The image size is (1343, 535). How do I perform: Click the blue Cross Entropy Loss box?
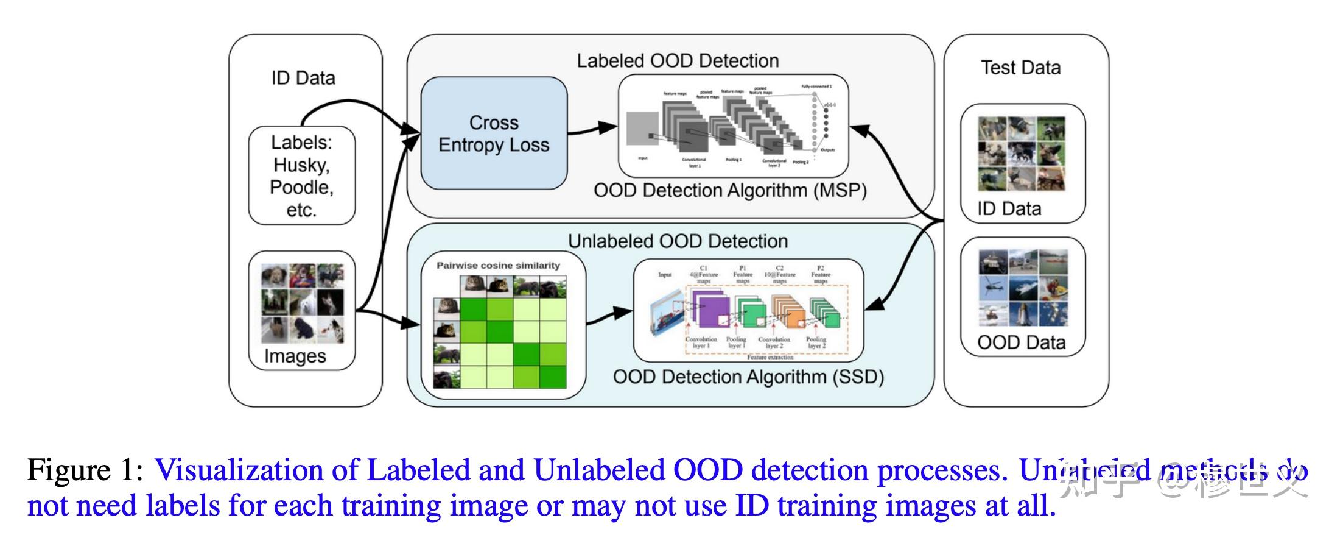tap(494, 133)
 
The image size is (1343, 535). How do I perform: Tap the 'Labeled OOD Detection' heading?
tap(678, 61)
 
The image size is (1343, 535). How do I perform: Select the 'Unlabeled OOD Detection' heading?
tap(678, 241)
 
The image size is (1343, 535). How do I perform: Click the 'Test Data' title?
tap(1020, 68)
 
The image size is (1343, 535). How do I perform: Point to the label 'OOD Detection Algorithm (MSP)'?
tap(730, 191)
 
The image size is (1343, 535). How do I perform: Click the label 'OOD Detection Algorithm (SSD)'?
tap(748, 377)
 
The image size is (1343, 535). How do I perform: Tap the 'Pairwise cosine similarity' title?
tap(498, 266)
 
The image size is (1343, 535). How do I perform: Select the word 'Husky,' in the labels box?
tap(301, 165)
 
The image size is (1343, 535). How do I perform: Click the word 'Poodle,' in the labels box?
tap(301, 187)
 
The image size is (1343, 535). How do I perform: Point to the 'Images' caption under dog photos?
tap(295, 356)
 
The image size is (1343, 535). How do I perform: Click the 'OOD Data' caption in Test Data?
tap(1021, 342)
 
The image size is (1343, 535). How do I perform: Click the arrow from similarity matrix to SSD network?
tap(609, 315)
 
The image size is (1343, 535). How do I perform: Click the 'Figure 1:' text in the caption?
tap(85, 470)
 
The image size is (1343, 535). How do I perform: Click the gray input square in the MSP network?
tap(642, 129)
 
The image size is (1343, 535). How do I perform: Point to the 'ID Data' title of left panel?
tap(303, 78)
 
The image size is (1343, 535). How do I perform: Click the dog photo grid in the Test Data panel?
tap(1022, 154)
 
